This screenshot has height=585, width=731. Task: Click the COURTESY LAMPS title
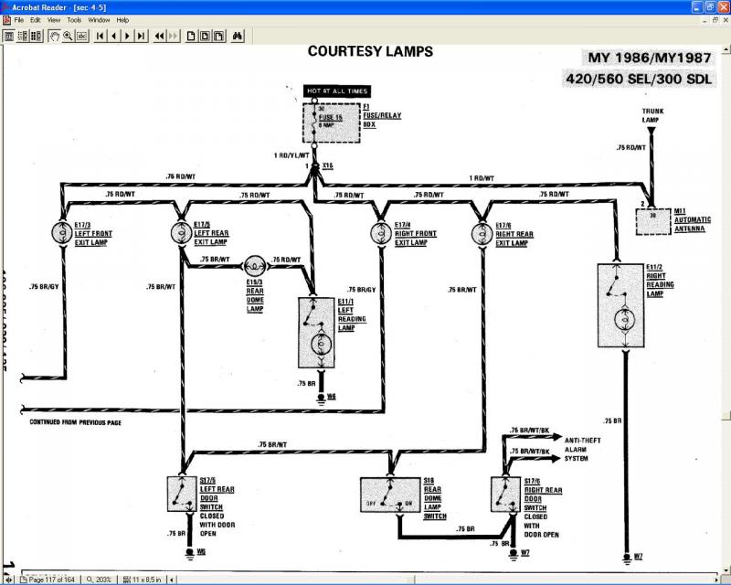pyautogui.click(x=370, y=51)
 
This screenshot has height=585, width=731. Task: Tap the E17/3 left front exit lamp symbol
pyautogui.click(x=63, y=233)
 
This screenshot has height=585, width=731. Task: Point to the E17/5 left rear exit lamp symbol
pyautogui.click(x=180, y=233)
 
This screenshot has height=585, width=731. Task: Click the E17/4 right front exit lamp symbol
pyautogui.click(x=380, y=233)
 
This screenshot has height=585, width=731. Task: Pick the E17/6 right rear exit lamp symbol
pyautogui.click(x=481, y=233)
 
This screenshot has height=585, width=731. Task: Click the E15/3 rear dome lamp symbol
pyautogui.click(x=253, y=267)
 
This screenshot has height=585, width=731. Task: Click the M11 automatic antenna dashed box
pyautogui.click(x=652, y=221)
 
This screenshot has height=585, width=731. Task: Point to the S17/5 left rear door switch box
pyautogui.click(x=184, y=495)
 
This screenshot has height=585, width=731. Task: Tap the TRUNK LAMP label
pyautogui.click(x=652, y=115)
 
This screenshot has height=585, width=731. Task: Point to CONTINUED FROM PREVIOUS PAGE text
pyautogui.click(x=75, y=422)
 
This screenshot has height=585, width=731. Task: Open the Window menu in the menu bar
pyautogui.click(x=99, y=19)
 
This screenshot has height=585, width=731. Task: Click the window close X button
pyautogui.click(x=723, y=5)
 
